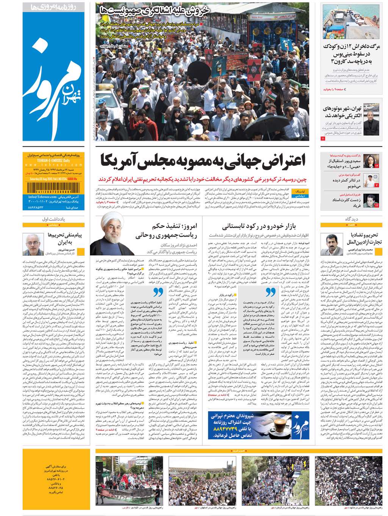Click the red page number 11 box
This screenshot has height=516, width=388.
click(323, 139)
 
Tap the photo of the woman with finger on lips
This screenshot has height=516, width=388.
click(371, 161)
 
